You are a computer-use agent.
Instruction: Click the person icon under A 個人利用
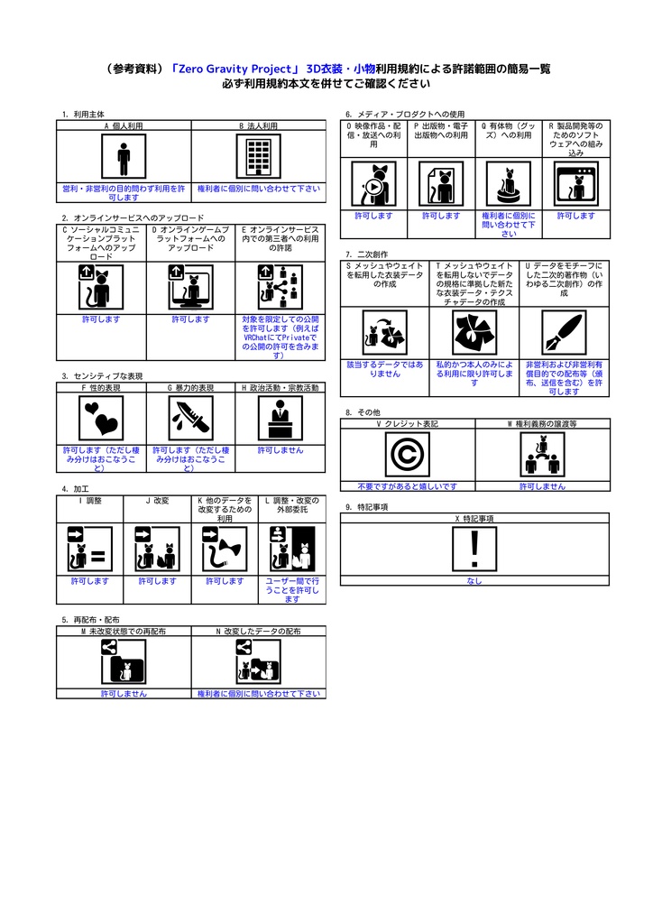pyautogui.click(x=124, y=158)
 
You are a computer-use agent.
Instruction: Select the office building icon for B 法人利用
pyautogui.click(x=258, y=158)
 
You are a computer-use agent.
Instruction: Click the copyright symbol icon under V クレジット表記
pyautogui.click(x=407, y=455)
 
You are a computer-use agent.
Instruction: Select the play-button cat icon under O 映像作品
pyautogui.click(x=372, y=184)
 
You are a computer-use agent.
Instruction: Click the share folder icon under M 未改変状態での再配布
pyautogui.click(x=124, y=663)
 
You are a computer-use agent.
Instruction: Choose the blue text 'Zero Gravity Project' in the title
pyautogui.click(x=233, y=69)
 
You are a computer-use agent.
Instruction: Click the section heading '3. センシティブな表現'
pyautogui.click(x=102, y=375)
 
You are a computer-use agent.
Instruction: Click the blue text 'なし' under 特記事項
pyautogui.click(x=474, y=581)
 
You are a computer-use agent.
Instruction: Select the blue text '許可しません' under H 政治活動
pyautogui.click(x=280, y=449)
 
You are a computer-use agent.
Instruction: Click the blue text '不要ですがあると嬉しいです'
pyautogui.click(x=407, y=486)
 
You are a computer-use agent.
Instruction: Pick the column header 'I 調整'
pyautogui.click(x=90, y=500)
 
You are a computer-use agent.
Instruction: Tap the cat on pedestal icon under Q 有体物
pyautogui.click(x=509, y=184)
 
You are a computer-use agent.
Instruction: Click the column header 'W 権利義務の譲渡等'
pyautogui.click(x=542, y=422)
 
